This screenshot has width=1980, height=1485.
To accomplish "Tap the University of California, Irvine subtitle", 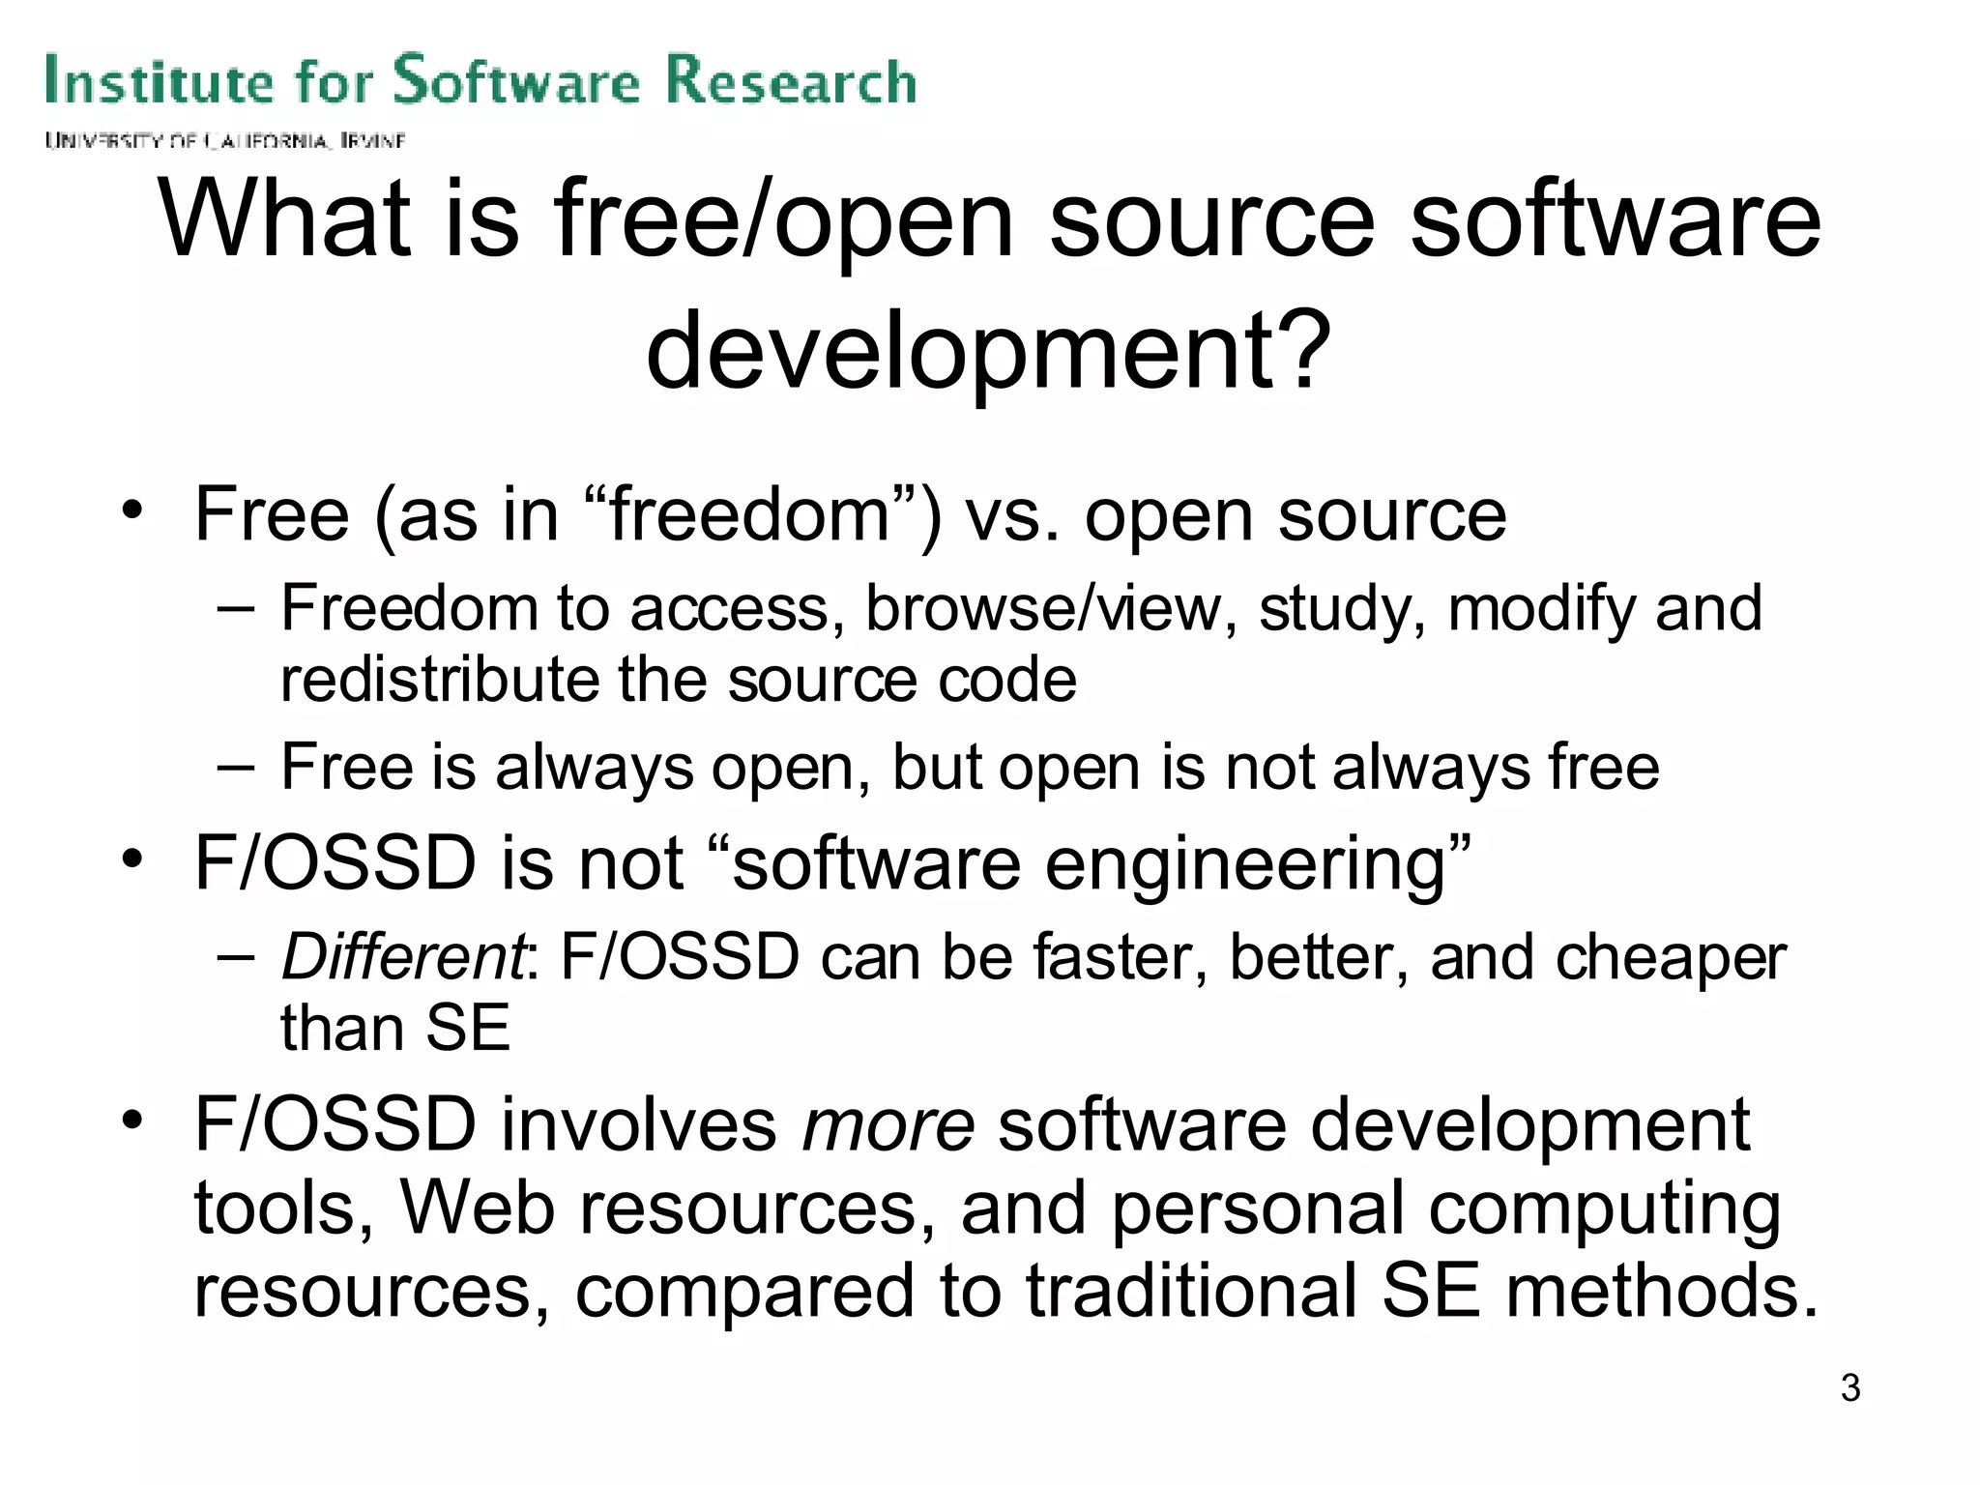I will coord(224,141).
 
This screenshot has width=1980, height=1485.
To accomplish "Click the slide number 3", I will coord(1850,1387).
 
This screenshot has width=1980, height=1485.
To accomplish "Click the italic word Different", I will coord(403,957).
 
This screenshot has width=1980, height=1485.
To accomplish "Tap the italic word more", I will coord(888,1124).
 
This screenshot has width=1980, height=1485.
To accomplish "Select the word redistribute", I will coord(440,680).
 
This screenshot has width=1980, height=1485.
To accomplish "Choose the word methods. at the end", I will coord(1661,1292).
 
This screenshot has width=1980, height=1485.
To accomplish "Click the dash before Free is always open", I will coord(236,768).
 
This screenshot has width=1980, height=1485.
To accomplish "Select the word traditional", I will coord(1191,1292).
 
